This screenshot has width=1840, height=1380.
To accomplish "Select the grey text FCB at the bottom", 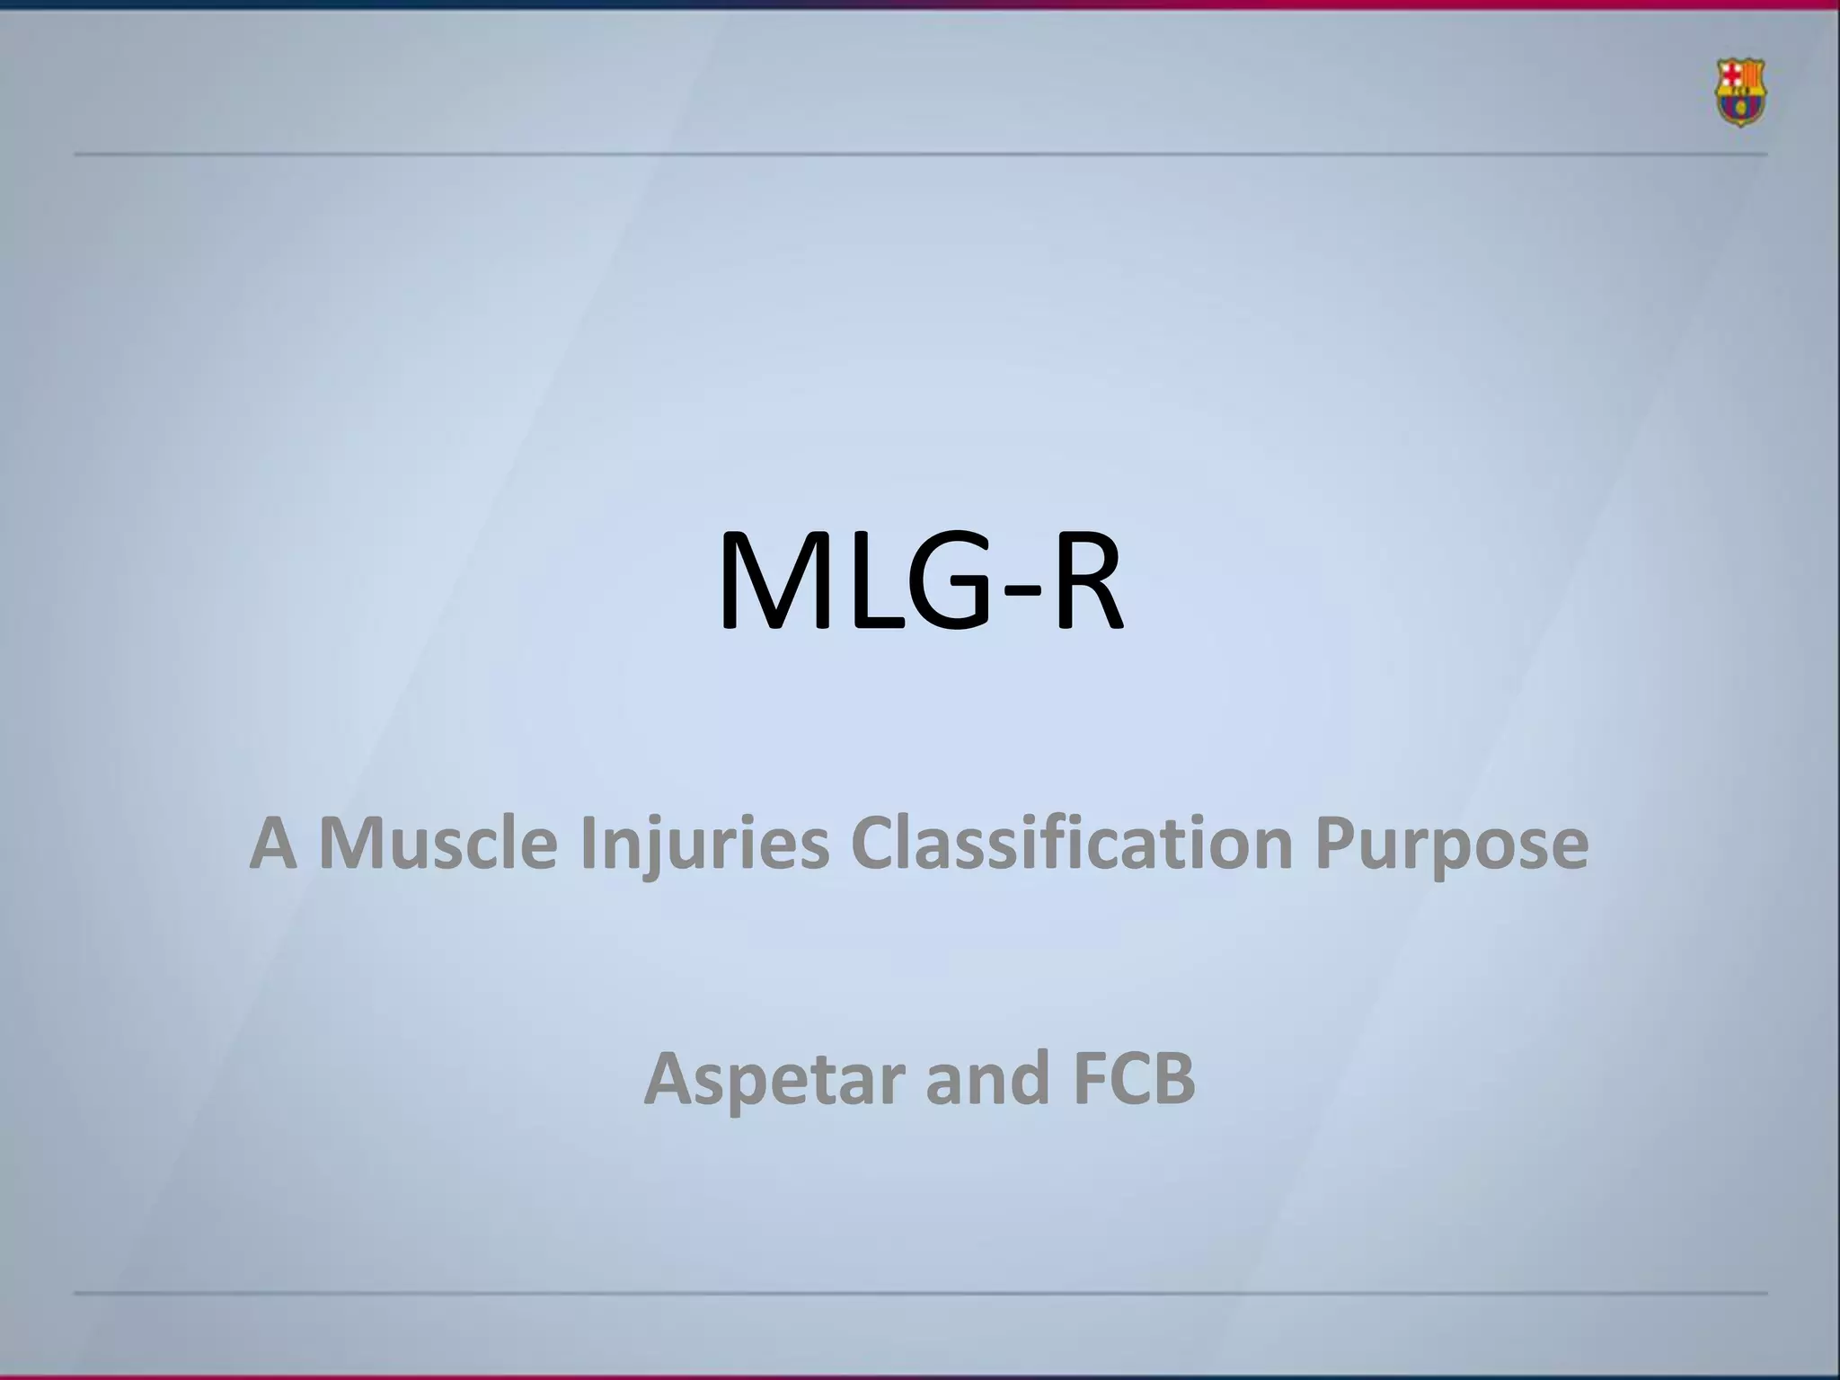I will [1133, 1078].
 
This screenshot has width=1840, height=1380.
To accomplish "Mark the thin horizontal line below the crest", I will [920, 155].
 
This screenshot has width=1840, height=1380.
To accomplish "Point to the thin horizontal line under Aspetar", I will [920, 1294].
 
